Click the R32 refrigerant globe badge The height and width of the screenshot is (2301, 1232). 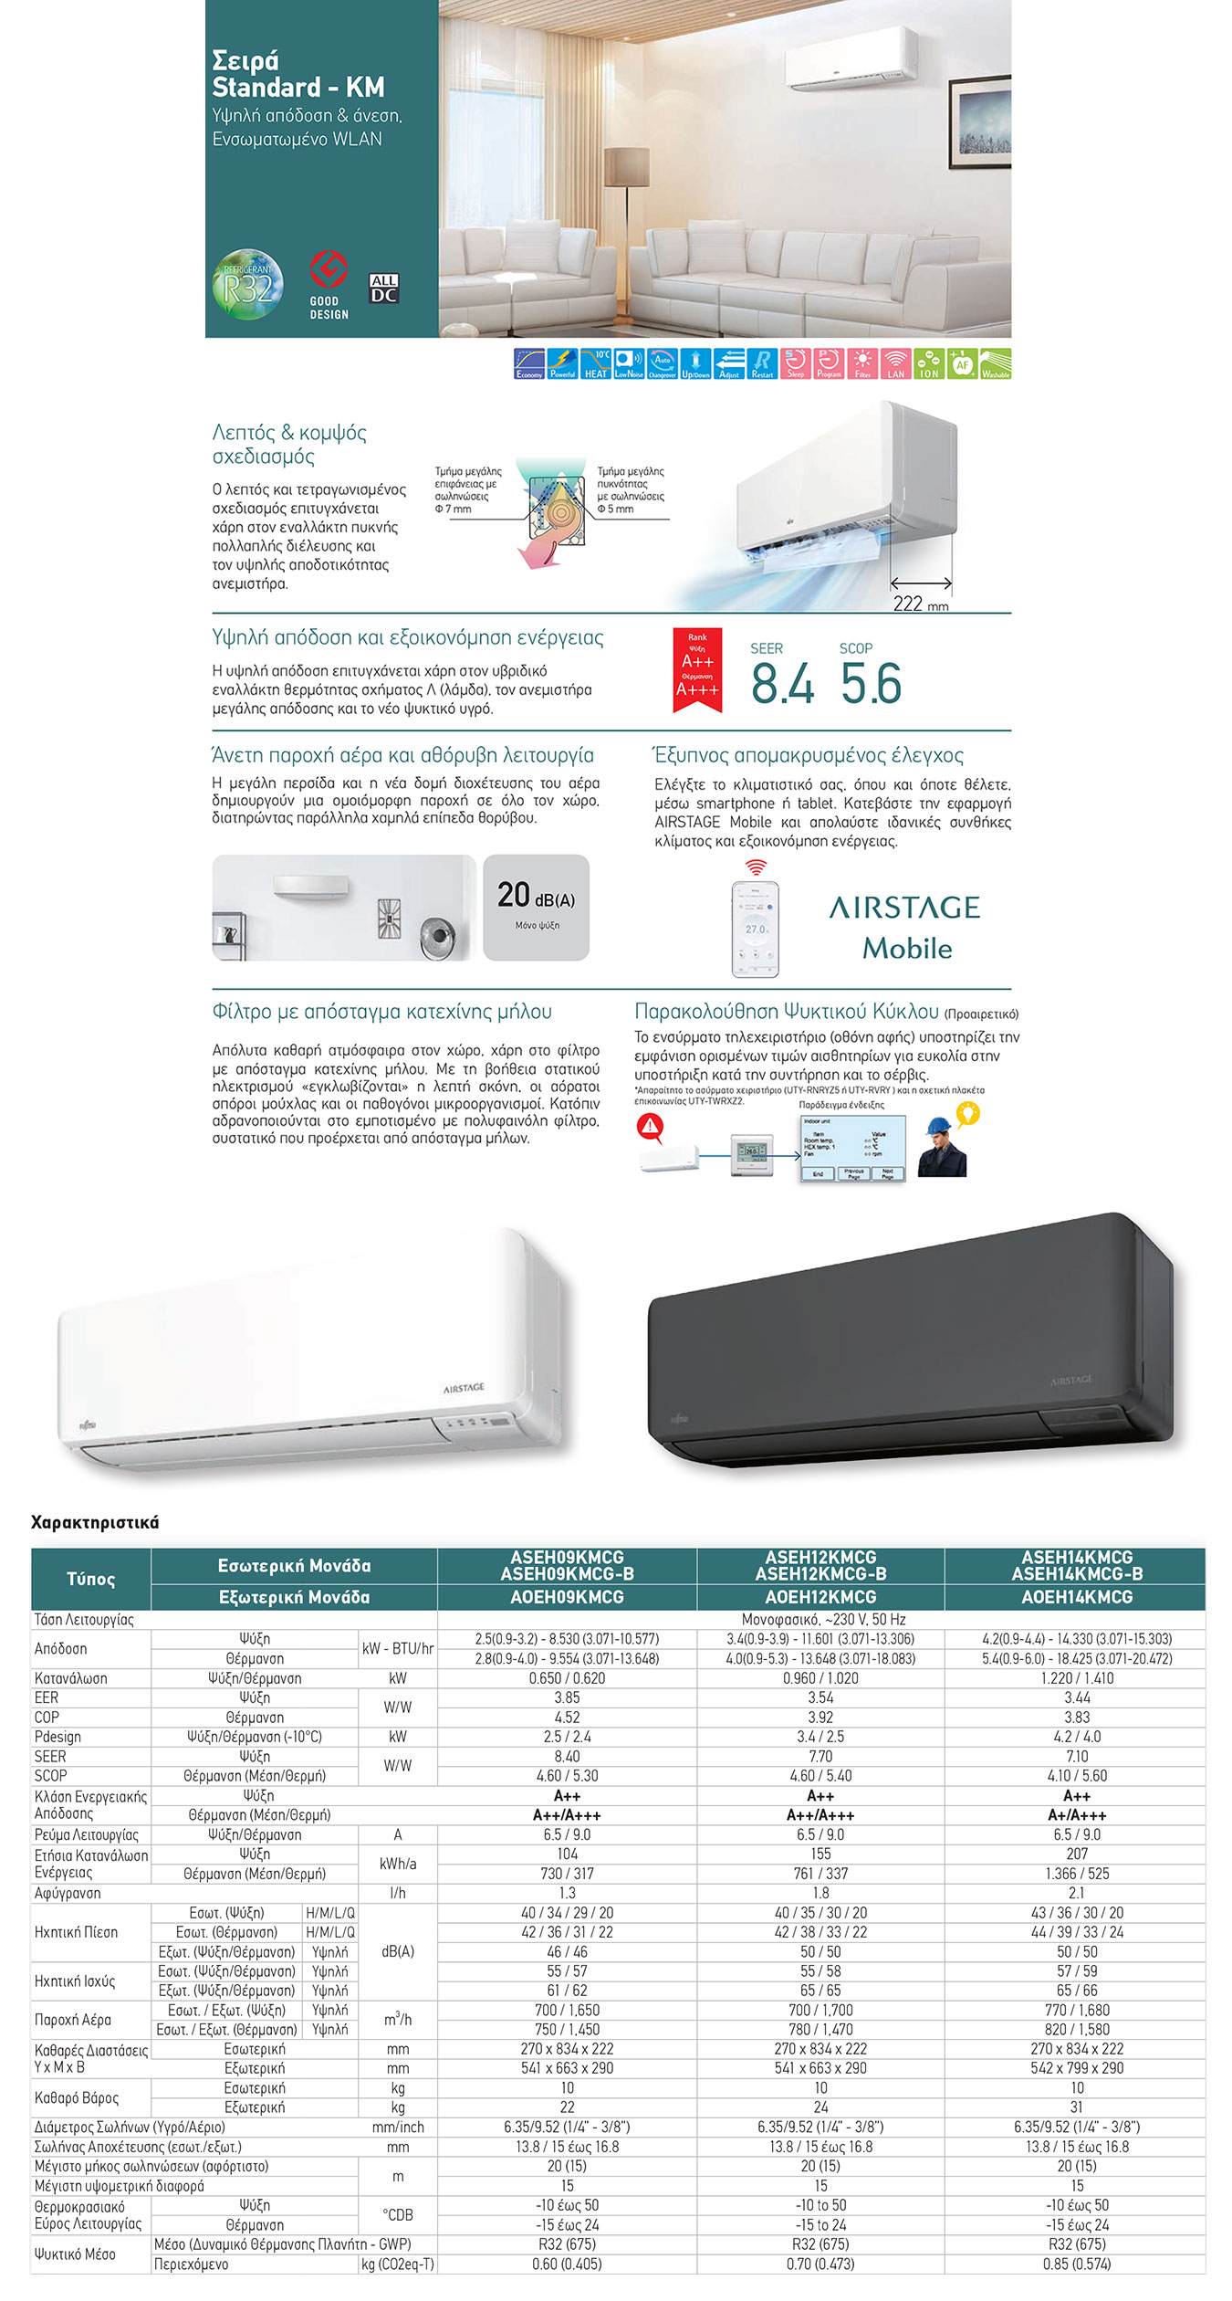247,285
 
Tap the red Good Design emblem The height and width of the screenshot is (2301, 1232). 329,270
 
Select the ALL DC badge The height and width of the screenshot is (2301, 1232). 384,288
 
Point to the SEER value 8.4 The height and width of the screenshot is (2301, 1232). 782,684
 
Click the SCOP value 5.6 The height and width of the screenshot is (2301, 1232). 871,684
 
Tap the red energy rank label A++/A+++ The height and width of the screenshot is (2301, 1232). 697,670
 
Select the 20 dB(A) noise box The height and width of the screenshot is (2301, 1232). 536,907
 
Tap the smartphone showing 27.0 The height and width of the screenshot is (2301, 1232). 756,929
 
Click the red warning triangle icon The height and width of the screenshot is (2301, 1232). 650,1127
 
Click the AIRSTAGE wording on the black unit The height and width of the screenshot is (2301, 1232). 1070,1380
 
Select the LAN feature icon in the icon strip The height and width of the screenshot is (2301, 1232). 895,363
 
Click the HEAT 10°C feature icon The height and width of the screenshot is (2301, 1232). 595,363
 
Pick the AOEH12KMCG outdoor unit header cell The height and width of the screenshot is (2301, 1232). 820,1597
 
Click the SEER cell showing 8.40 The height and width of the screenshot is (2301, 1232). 567,1756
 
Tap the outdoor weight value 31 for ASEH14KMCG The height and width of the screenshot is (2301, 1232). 1077,2107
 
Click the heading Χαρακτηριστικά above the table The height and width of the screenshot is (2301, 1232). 95,1522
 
